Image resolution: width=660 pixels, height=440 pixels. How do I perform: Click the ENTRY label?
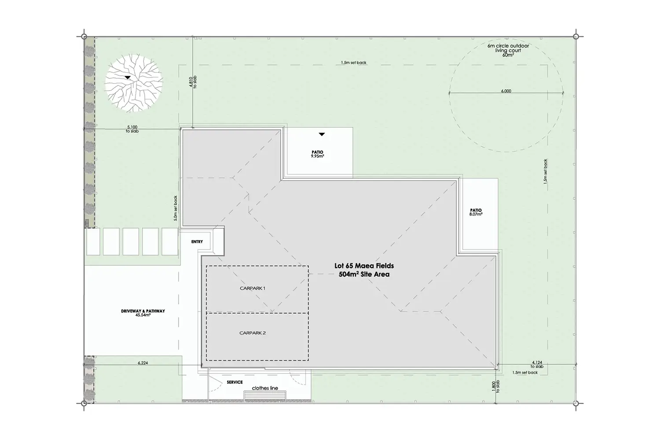click(197, 242)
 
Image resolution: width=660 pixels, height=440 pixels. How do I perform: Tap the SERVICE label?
click(235, 382)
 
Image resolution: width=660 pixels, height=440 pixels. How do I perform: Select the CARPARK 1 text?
click(253, 288)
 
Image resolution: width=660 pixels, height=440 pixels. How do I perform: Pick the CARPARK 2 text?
click(253, 333)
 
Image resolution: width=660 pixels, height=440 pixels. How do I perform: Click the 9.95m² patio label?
click(317, 154)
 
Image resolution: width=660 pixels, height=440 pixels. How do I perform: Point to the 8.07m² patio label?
click(476, 212)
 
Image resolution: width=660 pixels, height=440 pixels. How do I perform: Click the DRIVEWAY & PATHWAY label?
click(143, 313)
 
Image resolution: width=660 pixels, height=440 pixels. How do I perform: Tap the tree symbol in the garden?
click(134, 83)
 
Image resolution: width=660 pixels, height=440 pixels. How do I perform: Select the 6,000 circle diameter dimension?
click(506, 91)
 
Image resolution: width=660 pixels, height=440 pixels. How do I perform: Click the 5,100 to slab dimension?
click(132, 129)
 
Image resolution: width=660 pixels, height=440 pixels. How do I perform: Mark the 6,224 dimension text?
click(143, 363)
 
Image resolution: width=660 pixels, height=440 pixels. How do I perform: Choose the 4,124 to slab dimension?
click(537, 365)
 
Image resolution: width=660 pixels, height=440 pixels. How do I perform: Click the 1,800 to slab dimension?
click(496, 386)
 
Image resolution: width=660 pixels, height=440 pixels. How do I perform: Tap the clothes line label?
click(265, 388)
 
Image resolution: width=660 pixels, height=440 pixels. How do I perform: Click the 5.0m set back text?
click(175, 209)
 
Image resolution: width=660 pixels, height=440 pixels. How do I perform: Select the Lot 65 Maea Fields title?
click(364, 266)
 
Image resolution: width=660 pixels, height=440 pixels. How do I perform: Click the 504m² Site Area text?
click(364, 275)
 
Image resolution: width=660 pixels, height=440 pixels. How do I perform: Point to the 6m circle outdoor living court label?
click(508, 50)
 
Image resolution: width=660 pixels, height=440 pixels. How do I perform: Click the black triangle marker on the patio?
click(322, 134)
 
